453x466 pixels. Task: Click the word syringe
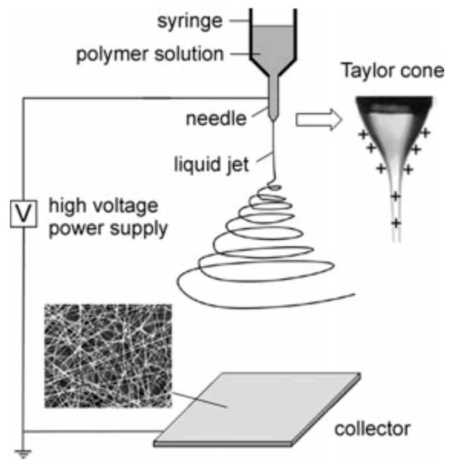[x=190, y=22]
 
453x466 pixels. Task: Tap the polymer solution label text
[x=150, y=54]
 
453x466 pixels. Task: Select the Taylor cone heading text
[x=392, y=71]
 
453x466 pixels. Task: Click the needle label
[x=216, y=119]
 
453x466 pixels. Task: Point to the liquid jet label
[x=211, y=165]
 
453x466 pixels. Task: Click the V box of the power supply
[x=23, y=214]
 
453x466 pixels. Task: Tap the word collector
[x=372, y=429]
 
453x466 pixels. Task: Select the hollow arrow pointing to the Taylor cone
[x=318, y=120]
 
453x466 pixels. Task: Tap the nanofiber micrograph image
[x=108, y=356]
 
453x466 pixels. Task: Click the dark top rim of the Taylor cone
[x=394, y=103]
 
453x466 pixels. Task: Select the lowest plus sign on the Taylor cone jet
[x=396, y=223]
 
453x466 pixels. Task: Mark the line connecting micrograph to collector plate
[x=199, y=400]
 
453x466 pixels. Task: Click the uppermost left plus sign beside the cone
[x=362, y=135]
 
